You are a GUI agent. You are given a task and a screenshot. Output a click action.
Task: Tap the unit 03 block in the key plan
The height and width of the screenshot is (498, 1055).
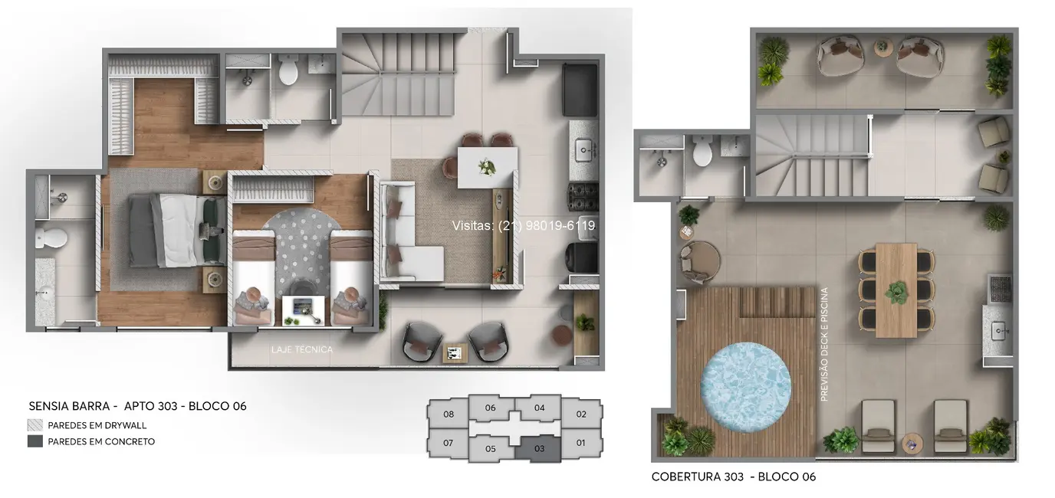tap(539, 448)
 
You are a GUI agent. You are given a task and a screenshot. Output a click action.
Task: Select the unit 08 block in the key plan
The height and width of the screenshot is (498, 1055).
tap(449, 414)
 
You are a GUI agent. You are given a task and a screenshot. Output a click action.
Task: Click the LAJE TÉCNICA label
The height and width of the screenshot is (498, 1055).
tap(301, 349)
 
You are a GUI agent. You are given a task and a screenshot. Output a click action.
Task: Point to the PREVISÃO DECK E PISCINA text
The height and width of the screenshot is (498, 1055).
tap(824, 344)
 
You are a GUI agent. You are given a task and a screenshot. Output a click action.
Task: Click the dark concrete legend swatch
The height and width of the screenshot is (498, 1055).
tap(35, 441)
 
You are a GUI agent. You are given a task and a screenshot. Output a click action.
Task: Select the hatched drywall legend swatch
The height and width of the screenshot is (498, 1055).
tap(35, 425)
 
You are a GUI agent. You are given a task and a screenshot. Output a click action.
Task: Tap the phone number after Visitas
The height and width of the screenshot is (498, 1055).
tap(547, 226)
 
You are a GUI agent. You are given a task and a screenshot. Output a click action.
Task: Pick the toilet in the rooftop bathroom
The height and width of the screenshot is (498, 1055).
tap(702, 154)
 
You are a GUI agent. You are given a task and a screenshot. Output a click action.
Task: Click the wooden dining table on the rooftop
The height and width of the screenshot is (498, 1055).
tap(896, 290)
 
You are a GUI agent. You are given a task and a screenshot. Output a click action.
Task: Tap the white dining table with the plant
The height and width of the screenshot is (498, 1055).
tap(487, 166)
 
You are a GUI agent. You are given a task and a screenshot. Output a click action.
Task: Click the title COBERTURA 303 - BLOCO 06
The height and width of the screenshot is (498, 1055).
tap(733, 477)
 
